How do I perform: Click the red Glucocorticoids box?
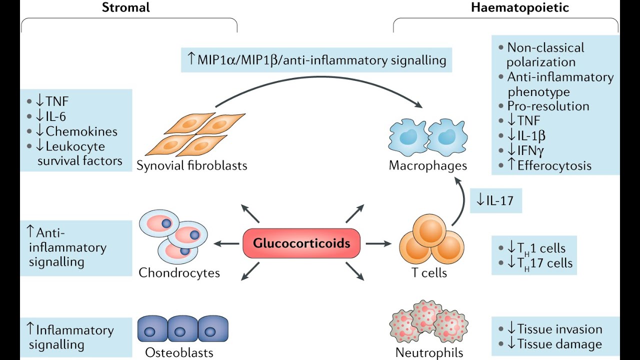pos(301,243)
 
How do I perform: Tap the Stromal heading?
pos(125,7)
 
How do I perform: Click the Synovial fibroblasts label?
pos(192,165)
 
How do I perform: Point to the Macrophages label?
pos(428,165)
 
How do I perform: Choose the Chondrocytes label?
pos(179,272)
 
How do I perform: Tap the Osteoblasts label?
pos(179,352)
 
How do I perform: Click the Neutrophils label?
pos(429,352)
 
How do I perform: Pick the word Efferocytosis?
pos(555,165)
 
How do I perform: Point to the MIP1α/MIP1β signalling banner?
pos(316,60)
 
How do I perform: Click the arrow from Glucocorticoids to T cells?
pos(378,243)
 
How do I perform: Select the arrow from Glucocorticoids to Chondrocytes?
pos(226,243)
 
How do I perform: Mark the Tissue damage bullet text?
pos(559,344)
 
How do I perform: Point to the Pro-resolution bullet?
pos(548,106)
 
